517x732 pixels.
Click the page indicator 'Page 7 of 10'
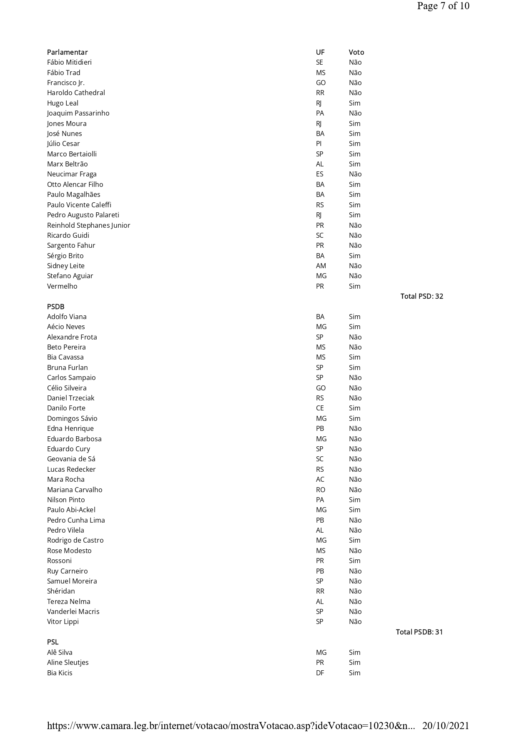[x=443, y=6]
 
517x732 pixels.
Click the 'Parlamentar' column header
[x=67, y=52]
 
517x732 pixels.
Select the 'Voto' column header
[x=356, y=52]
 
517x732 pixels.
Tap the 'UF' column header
[x=320, y=52]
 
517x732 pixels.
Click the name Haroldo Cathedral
[x=76, y=93]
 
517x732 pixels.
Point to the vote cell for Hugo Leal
[x=354, y=103]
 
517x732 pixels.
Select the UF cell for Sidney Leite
[x=321, y=266]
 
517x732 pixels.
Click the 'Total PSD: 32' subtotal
[x=422, y=296]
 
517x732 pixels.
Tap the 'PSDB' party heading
[x=55, y=307]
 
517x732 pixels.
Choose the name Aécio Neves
[x=66, y=327]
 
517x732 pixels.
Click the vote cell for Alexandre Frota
[x=355, y=337]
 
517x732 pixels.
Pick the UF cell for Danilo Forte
[x=320, y=408]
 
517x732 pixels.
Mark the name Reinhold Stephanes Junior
[x=88, y=225]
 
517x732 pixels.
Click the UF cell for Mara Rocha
[x=320, y=479]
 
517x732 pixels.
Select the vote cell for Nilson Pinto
[x=354, y=500]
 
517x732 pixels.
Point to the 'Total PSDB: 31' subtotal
[x=419, y=632]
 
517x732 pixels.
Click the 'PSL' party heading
[x=53, y=642]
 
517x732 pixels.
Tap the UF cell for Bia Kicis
[x=320, y=673]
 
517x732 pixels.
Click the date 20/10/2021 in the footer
[x=446, y=726]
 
